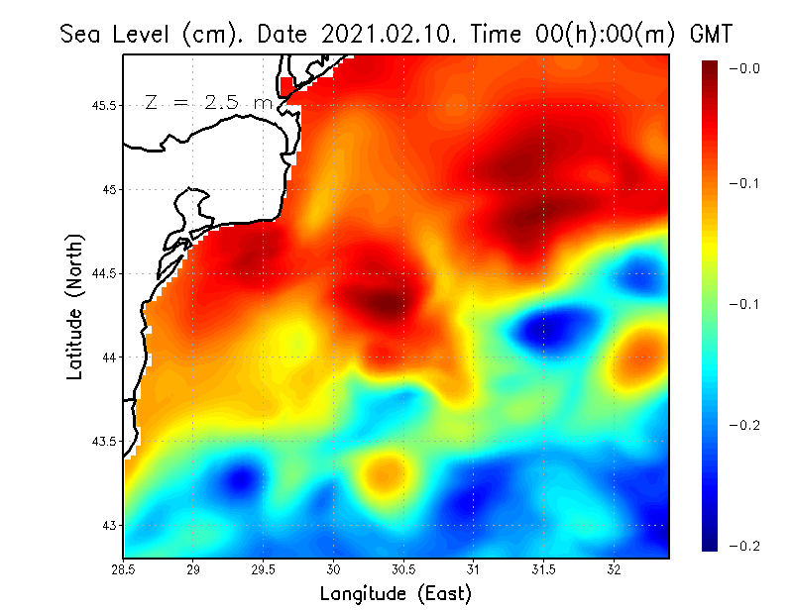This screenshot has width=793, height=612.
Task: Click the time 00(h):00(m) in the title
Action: pyautogui.click(x=581, y=34)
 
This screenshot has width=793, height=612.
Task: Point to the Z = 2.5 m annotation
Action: pyautogui.click(x=208, y=102)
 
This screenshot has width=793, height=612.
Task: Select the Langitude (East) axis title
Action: pyautogui.click(x=396, y=593)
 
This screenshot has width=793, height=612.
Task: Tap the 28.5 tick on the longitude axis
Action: pyautogui.click(x=124, y=569)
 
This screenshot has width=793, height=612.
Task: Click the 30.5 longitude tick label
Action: pyautogui.click(x=403, y=569)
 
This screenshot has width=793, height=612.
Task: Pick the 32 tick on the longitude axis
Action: pyautogui.click(x=614, y=569)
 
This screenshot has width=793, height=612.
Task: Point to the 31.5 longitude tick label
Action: pyautogui.click(x=543, y=569)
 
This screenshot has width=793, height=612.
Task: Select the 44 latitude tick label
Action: pyautogui.click(x=108, y=357)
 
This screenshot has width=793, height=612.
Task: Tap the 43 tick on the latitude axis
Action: pyautogui.click(x=108, y=524)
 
